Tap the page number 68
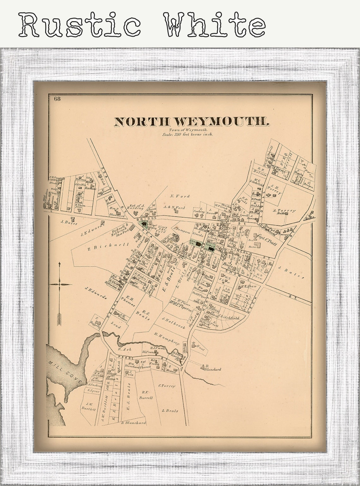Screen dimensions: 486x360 tap(57, 99)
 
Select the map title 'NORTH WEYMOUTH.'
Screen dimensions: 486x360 tap(192, 122)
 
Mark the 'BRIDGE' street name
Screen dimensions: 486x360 tap(147, 219)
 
